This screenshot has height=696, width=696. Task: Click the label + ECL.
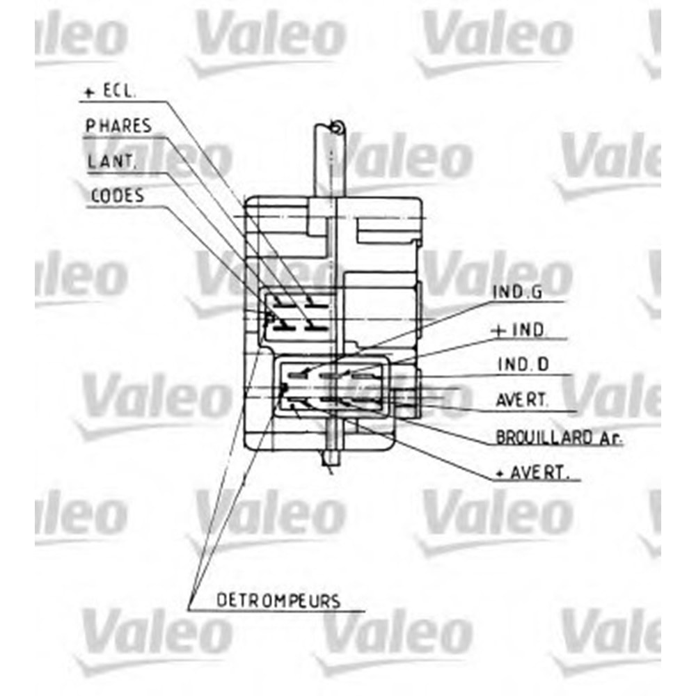tap(109, 91)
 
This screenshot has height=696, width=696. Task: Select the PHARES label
tap(118, 126)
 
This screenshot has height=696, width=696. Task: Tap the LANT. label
tap(111, 161)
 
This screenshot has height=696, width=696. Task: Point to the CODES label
tap(118, 196)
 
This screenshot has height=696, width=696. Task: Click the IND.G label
tap(518, 292)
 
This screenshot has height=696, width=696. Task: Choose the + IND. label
tap(519, 330)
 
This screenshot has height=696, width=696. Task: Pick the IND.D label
tap(523, 365)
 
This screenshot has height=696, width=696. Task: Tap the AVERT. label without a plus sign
tap(522, 400)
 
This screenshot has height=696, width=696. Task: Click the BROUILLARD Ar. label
tap(559, 438)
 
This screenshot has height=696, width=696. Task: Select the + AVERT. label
tap(532, 473)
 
